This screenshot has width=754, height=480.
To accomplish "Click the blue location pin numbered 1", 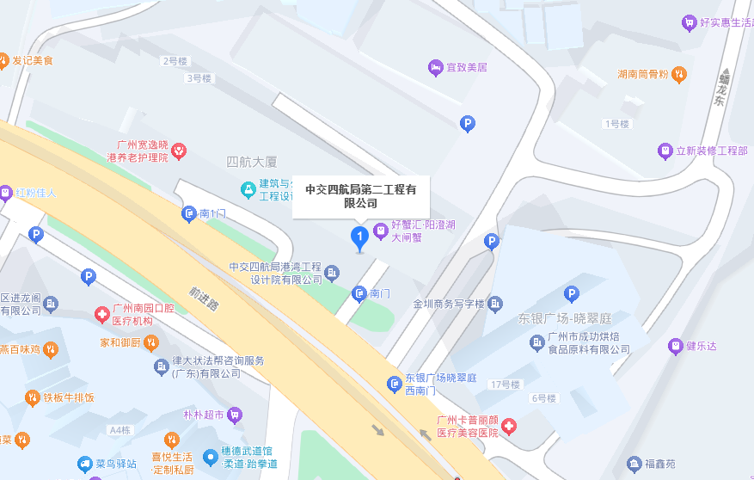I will tap(360, 237).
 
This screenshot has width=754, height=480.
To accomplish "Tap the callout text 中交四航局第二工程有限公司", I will tap(360, 196).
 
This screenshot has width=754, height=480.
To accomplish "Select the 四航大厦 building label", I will tap(252, 161).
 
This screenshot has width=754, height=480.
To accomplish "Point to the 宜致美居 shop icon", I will tap(436, 67).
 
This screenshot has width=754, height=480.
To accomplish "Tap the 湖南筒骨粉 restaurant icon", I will tap(680, 74).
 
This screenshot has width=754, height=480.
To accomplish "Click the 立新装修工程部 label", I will tap(712, 151).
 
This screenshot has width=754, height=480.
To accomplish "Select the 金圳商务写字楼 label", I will tap(449, 305).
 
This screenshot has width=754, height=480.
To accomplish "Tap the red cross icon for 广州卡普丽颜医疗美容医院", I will tap(509, 426).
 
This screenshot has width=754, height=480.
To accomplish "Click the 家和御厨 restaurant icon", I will tap(151, 342).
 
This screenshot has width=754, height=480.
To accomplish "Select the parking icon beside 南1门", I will tap(189, 213).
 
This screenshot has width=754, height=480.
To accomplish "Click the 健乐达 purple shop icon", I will tap(675, 346).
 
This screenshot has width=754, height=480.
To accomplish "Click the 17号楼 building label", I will tap(505, 384).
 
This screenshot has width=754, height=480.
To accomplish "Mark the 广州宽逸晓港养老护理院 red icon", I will tap(179, 151).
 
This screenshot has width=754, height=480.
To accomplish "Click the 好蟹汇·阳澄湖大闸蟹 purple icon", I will tap(381, 231).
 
